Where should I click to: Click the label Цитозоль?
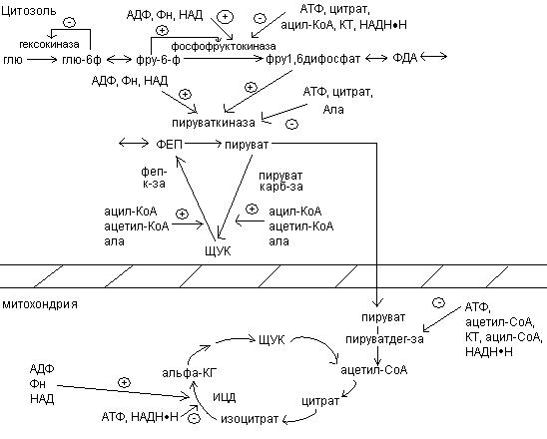pos(29,11)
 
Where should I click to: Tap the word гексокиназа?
pos(49,45)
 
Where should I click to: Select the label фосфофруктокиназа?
pos(224,46)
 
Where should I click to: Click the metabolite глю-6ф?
pos(82,60)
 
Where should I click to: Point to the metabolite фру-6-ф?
pos(158,60)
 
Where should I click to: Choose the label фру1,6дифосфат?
pos(312,59)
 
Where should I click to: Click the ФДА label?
pos(405,58)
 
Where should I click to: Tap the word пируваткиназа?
pos(214,123)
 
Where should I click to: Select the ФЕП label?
pos(170,144)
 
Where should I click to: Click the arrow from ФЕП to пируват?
pos(204,144)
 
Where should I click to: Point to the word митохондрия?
pos(40,304)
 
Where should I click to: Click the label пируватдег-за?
pos(384,339)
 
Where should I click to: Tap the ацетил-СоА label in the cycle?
pos(373,370)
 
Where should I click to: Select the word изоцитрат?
pos(250,419)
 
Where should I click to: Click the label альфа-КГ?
pos(190,373)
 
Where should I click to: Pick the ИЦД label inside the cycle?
pos(225,397)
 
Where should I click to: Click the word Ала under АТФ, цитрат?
pos(333,110)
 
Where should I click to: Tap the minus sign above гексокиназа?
pos(70,23)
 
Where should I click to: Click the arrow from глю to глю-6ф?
pos(42,60)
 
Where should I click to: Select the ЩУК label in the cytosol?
pos(218,251)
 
